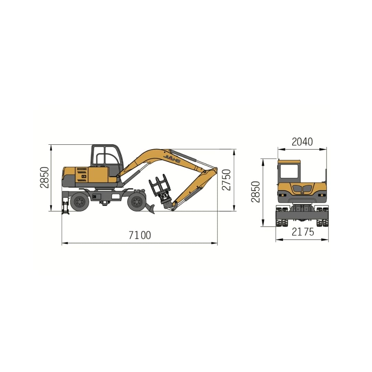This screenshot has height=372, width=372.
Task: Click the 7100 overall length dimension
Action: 140,235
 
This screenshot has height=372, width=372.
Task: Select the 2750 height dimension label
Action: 226,180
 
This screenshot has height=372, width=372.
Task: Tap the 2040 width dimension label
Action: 302,142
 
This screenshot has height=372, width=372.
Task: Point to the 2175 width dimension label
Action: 303,232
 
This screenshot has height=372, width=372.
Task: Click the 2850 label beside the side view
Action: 44,177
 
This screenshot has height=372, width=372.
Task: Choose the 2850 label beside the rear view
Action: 256,192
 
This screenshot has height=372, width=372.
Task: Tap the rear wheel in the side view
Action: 80,202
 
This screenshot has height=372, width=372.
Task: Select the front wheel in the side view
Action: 137,202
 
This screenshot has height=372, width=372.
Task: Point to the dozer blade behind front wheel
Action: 150,208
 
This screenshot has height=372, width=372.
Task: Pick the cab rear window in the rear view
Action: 289,171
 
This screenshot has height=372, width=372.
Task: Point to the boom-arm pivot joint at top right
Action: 215,169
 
